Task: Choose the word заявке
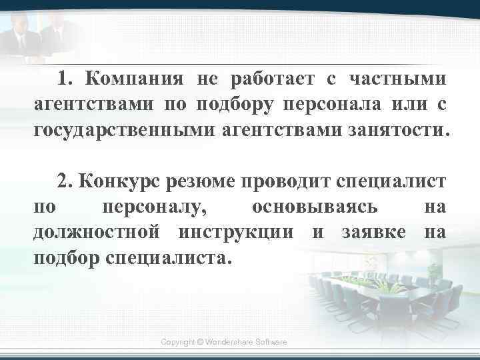[x=372, y=231]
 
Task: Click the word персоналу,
[x=155, y=207]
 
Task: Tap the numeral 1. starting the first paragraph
[x=65, y=80]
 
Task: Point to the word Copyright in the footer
[x=178, y=341]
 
